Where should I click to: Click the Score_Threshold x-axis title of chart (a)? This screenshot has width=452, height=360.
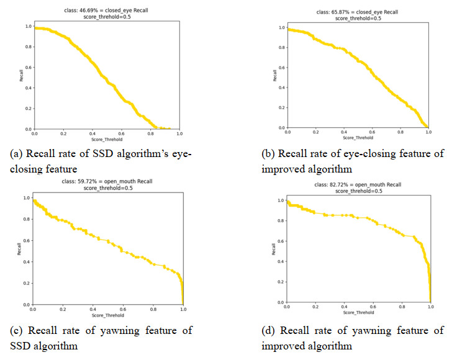[107, 140]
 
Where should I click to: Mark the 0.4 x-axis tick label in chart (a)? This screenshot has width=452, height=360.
[92, 134]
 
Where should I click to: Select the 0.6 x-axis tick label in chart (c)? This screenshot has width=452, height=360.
[122, 310]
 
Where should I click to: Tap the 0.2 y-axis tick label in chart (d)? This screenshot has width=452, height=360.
[280, 283]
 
